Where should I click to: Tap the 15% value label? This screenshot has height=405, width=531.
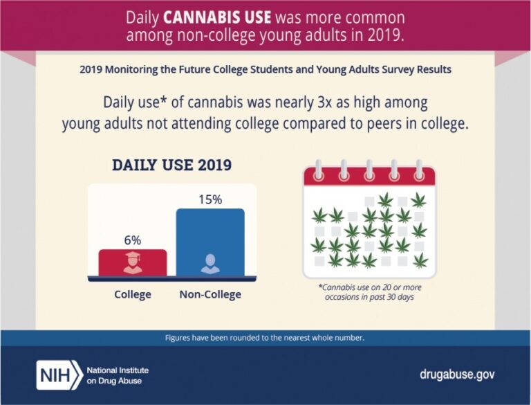click(x=210, y=199)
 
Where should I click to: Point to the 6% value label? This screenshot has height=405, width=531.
click(x=133, y=240)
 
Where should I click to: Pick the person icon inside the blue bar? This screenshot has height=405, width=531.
click(x=209, y=263)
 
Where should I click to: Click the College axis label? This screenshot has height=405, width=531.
click(x=133, y=294)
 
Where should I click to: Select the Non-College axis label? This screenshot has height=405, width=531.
click(x=210, y=294)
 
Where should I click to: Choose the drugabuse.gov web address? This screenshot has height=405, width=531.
click(x=457, y=375)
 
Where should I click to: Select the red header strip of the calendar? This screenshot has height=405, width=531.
click(x=369, y=177)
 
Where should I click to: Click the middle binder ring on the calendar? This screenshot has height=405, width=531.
click(x=369, y=169)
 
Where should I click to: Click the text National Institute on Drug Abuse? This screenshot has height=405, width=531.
click(x=118, y=375)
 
